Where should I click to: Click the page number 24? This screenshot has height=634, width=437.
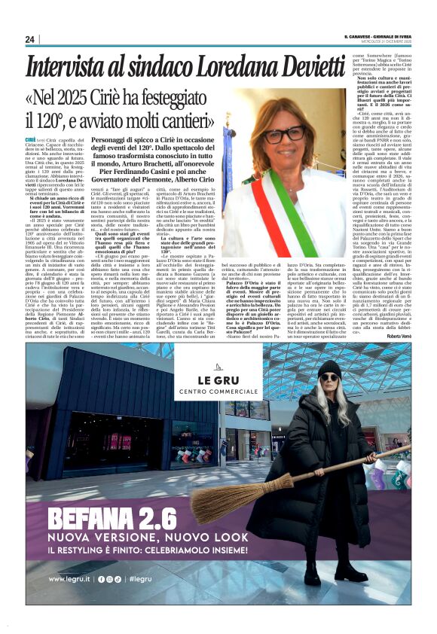pos(30,39)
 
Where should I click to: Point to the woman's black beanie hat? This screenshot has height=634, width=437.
pos(329,367)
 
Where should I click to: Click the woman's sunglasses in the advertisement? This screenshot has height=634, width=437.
pos(330,379)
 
